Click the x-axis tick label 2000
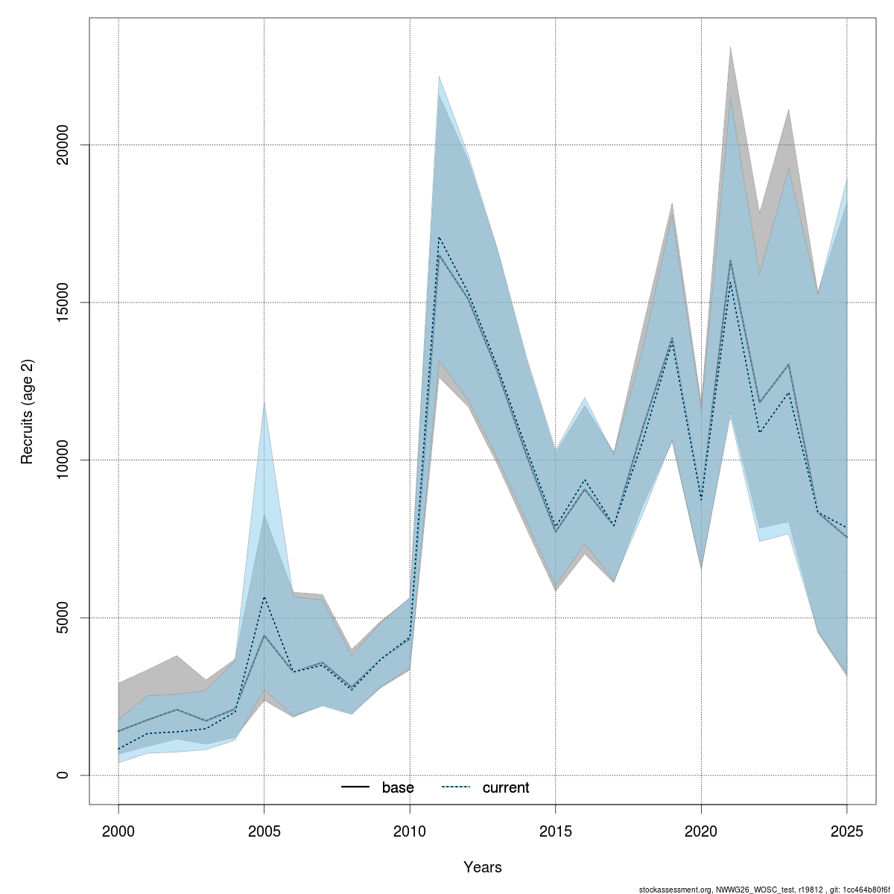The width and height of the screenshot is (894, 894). [x=118, y=831]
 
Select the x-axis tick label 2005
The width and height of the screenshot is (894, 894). [x=264, y=831]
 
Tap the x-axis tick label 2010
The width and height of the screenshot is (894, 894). [x=410, y=831]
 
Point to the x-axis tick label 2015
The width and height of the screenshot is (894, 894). [x=556, y=831]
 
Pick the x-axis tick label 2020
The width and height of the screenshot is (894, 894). [x=701, y=831]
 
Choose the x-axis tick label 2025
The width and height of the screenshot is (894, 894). [x=847, y=831]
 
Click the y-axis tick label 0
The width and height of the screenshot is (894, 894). [x=63, y=776]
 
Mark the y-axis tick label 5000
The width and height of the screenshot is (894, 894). [x=63, y=618]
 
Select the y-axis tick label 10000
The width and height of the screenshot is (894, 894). [x=63, y=460]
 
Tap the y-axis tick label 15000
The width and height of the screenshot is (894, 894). [x=63, y=302]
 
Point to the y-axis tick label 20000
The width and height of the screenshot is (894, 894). [x=63, y=145]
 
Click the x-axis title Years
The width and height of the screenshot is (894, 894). [x=483, y=867]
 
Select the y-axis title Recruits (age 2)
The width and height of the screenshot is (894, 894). [x=28, y=412]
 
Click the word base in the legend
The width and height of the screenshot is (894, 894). [x=398, y=787]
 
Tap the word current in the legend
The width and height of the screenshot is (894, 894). [x=506, y=787]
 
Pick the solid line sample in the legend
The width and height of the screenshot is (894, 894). [x=356, y=787]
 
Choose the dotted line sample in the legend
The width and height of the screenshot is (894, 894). [x=456, y=787]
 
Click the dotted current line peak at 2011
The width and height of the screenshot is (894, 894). [x=440, y=237]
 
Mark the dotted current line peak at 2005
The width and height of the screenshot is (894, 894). [x=264, y=597]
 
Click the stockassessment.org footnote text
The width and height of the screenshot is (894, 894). [x=764, y=889]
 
